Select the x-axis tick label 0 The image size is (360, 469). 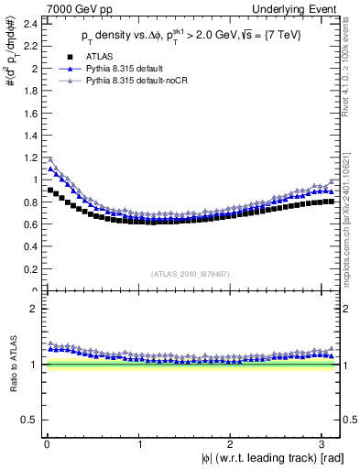coord(46,443)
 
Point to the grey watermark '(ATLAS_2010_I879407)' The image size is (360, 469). coord(191,272)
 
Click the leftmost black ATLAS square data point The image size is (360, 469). coord(50,191)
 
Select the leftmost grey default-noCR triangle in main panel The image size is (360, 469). coord(50,158)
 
